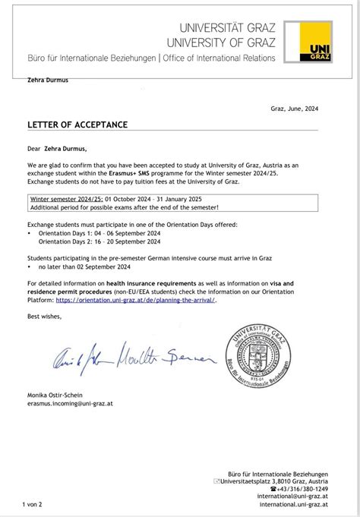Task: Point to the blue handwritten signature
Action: click(129, 357)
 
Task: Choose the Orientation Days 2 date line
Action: click(99, 242)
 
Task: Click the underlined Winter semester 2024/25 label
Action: click(63, 200)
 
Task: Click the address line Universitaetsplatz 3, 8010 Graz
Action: click(275, 481)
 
